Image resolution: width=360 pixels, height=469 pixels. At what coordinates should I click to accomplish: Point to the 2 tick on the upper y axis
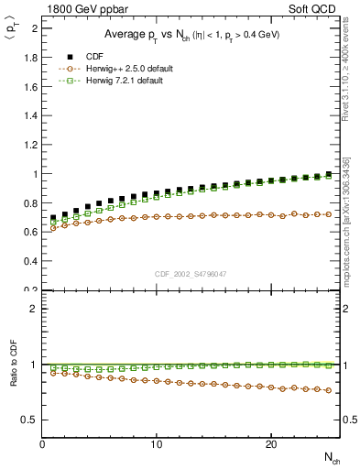(34, 27)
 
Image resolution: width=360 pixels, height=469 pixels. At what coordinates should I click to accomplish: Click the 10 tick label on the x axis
(157, 444)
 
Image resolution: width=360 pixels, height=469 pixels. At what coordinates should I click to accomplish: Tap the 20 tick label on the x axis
(270, 444)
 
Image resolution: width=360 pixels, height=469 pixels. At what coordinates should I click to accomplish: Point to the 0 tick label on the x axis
(43, 444)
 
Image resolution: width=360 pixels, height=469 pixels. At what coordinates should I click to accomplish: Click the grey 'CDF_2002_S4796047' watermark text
(191, 273)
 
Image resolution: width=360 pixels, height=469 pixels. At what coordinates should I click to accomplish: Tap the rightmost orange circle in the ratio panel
(328, 390)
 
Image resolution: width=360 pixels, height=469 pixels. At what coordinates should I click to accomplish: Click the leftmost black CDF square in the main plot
(54, 218)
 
